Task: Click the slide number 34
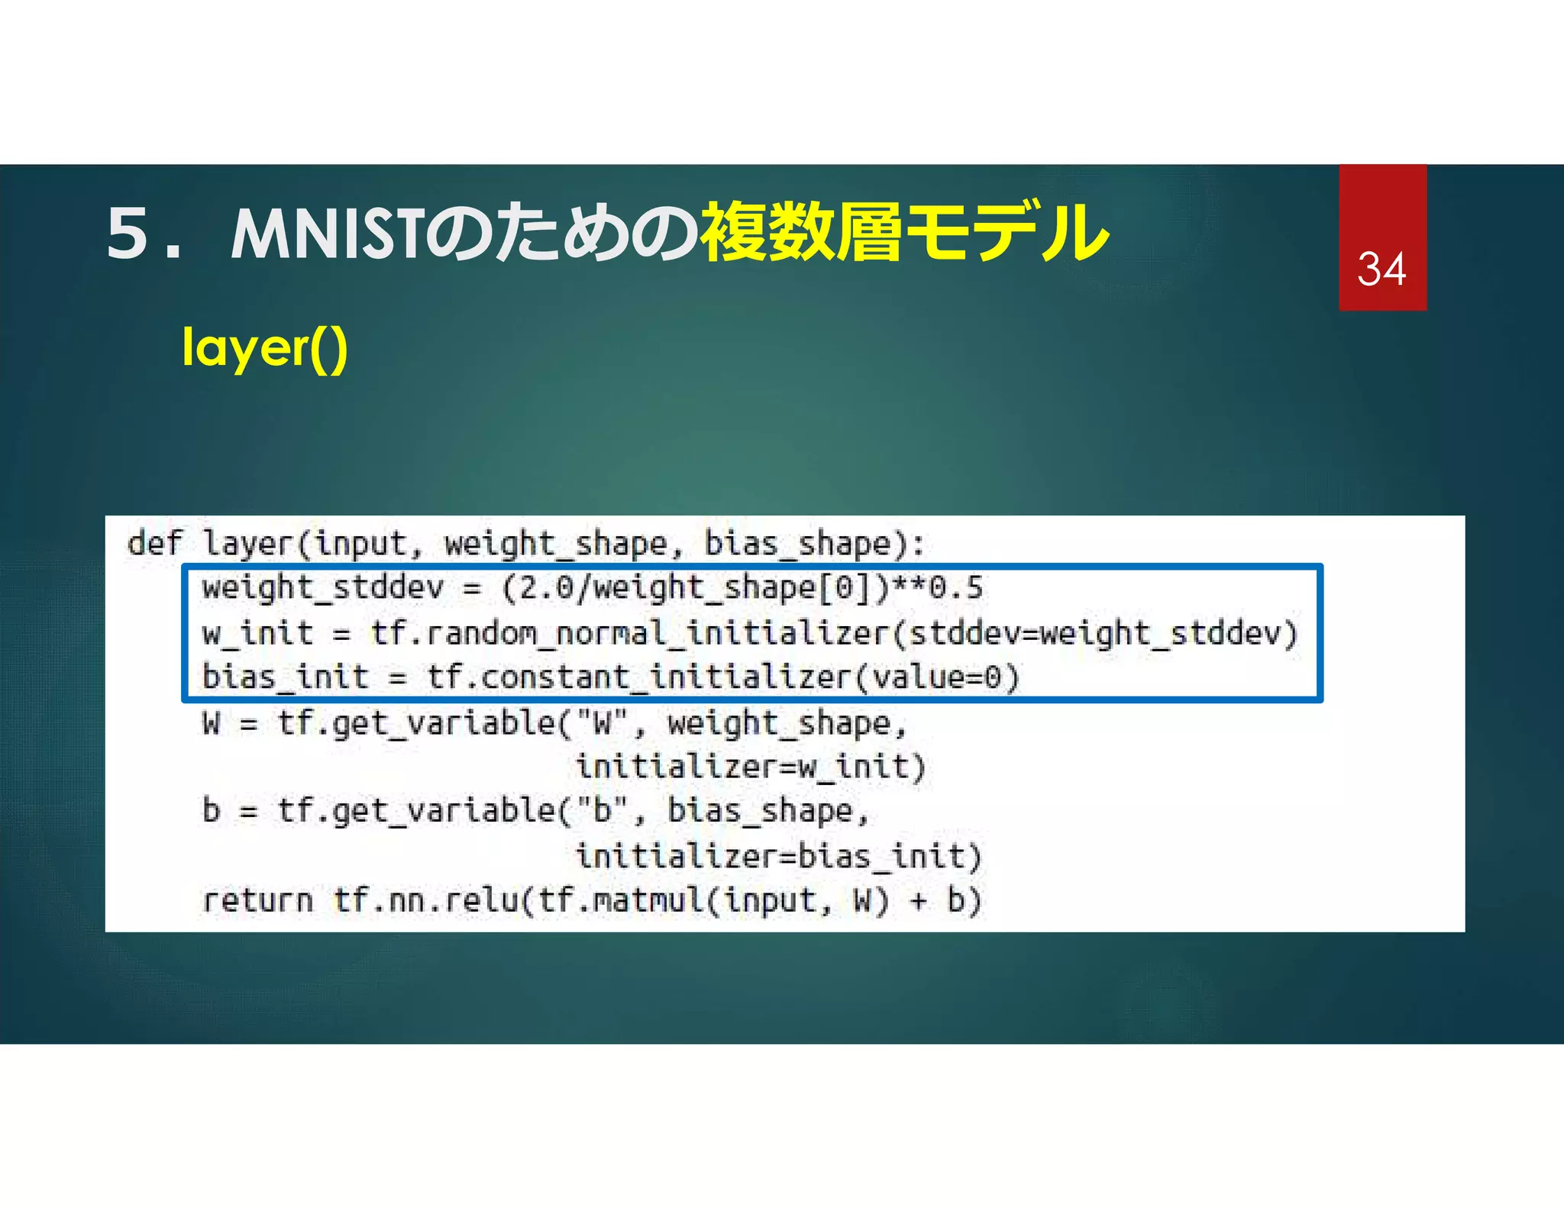coord(1381,270)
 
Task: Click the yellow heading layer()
coord(265,349)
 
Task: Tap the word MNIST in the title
coord(326,234)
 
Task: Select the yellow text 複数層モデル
coord(903,232)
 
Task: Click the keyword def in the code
coord(155,544)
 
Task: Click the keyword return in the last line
coord(257,900)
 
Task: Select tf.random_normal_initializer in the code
coord(629,633)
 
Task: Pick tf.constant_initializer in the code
coord(638,677)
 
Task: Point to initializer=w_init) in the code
coord(751,767)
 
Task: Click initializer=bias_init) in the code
coord(778,856)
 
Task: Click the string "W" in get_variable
coord(602,722)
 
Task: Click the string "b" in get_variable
coord(602,811)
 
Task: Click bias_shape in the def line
coord(797,544)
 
